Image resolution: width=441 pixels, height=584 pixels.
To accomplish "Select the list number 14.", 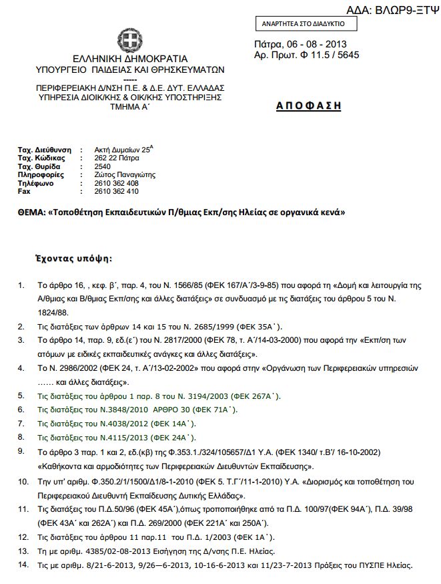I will (23, 565).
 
